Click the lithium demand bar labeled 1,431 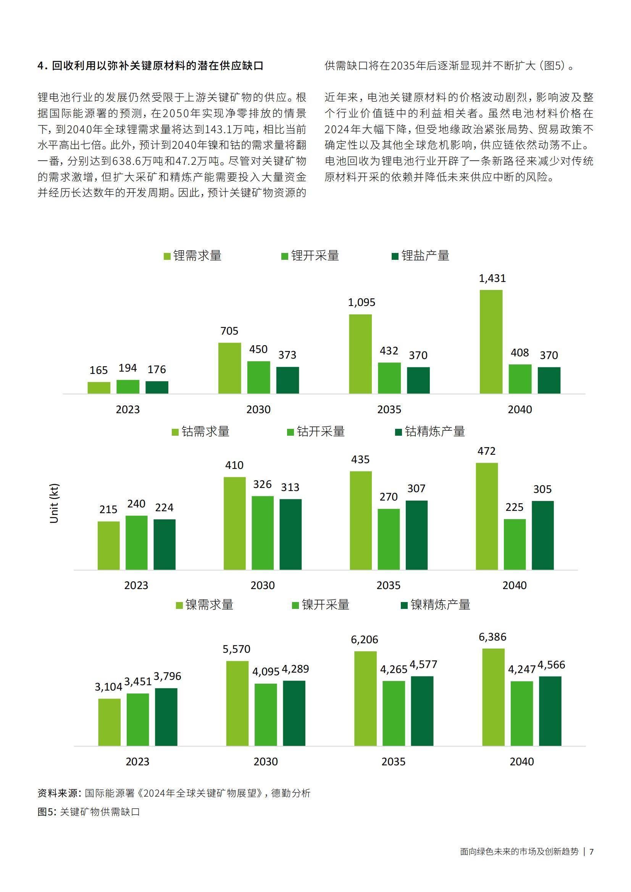tap(491, 341)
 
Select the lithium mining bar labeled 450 tap(258, 377)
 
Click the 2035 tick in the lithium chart tap(389, 409)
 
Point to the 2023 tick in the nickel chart tap(137, 762)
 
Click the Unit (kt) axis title tap(54, 504)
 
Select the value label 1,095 tap(361, 302)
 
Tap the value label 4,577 tap(423, 664)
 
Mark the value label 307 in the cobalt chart tap(416, 488)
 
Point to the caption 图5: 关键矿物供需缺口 tap(89, 812)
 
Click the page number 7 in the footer tap(591, 852)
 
